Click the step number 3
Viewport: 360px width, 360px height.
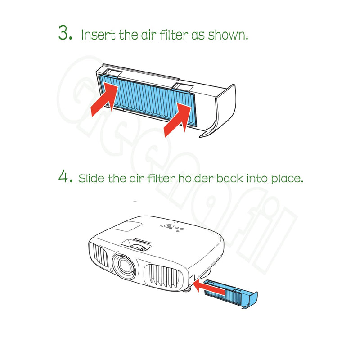(65, 32)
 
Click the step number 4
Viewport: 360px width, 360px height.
(66, 176)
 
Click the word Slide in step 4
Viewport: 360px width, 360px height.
(91, 178)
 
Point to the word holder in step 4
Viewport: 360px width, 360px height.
(196, 178)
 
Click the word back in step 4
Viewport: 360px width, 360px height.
(229, 178)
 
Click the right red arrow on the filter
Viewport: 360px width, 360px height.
(177, 119)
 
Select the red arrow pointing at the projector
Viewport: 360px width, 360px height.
(209, 288)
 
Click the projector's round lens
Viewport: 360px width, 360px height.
(123, 265)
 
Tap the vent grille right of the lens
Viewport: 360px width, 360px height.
(163, 277)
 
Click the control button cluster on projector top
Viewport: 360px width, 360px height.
(172, 227)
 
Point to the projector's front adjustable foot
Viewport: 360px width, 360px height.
(187, 290)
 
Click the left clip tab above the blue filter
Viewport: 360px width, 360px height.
(112, 73)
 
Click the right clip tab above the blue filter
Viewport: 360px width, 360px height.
(183, 87)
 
